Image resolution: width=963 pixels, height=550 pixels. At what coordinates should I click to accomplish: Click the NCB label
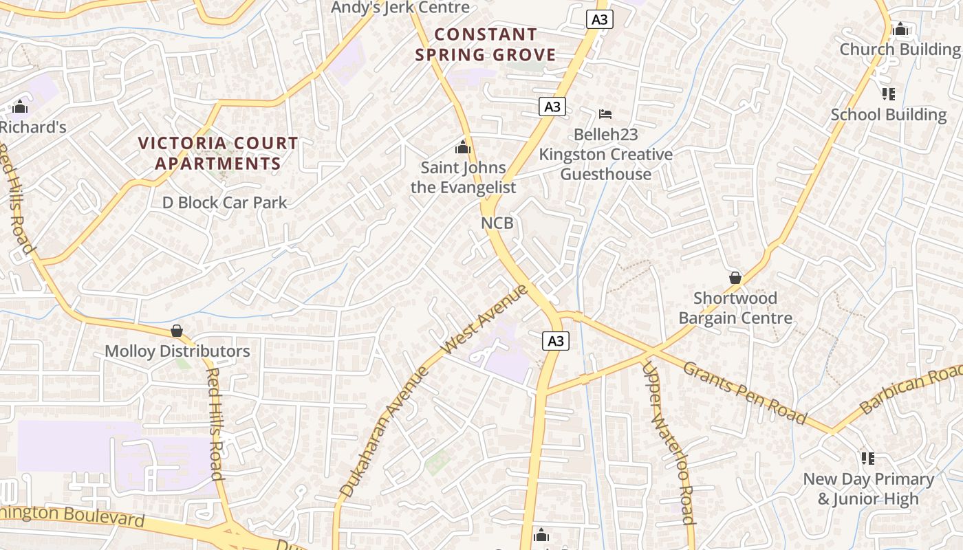tap(497, 223)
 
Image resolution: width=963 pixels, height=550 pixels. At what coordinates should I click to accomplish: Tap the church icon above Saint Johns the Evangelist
tap(463, 147)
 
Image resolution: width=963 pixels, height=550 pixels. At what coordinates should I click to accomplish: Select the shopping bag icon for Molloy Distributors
tap(177, 331)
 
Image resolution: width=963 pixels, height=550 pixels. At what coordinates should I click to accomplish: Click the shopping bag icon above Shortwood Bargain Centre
tap(735, 278)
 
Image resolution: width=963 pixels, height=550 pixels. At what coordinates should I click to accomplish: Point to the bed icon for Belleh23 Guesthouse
tap(605, 113)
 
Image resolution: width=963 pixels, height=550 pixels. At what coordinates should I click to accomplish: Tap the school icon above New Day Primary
tap(868, 458)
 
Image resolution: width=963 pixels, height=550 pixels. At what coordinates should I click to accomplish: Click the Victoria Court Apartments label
tap(219, 153)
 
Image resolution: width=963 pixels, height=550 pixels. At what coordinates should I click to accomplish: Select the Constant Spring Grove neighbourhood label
tap(486, 44)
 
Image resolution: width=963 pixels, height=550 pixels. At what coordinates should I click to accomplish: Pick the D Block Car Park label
tap(225, 202)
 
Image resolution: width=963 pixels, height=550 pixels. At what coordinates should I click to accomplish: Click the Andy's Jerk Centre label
tap(400, 8)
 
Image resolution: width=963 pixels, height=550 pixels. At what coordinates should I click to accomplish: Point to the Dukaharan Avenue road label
tap(384, 432)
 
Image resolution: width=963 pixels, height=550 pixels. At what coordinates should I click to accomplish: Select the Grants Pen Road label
tap(744, 392)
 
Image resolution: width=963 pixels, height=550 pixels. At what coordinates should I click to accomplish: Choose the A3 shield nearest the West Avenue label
tap(556, 340)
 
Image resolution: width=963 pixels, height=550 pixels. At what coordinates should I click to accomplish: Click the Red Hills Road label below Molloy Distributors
tap(215, 423)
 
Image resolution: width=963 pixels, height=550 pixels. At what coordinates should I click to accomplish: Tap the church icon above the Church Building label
tap(900, 29)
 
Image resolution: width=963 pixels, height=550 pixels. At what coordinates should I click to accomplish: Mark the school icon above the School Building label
tap(888, 93)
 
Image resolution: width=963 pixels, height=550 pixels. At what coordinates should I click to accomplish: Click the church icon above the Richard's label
tap(20, 107)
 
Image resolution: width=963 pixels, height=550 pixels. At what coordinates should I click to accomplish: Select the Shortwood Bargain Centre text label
tap(735, 308)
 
